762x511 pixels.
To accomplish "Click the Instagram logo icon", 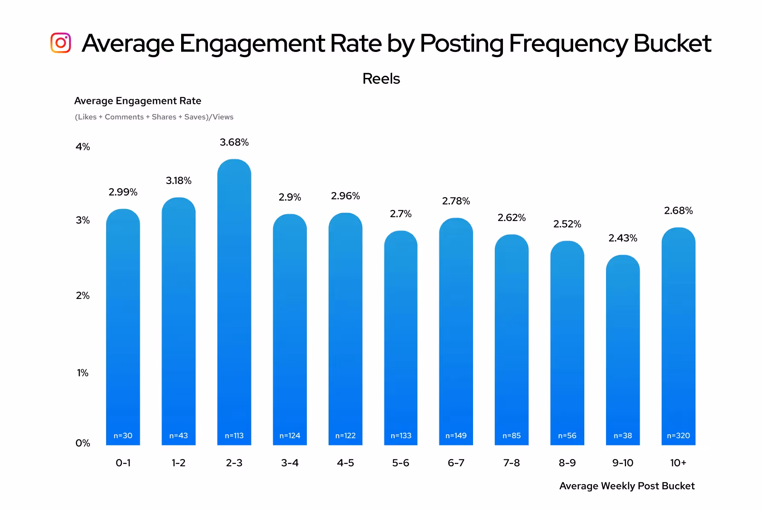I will [61, 43].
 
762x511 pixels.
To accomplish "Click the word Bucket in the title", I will [672, 43].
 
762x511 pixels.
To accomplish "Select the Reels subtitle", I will [381, 79].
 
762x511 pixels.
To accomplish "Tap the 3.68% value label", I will [234, 142].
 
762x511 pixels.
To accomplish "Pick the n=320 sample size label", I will [678, 436].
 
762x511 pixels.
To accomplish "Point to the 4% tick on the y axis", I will [83, 147].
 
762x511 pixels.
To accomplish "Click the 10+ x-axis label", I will [678, 463].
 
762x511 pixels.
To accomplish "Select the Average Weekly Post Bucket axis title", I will [626, 486].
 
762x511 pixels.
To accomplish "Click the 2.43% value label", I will [623, 238].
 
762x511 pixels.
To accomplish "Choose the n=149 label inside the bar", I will [456, 436].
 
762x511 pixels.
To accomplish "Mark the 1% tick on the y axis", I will [83, 373].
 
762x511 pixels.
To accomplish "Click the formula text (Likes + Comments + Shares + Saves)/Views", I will [154, 117].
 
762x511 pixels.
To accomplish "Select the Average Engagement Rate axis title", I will [138, 101].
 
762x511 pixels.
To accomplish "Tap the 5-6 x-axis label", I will [401, 463].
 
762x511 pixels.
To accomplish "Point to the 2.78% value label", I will [456, 201].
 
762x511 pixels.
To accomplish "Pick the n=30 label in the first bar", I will [123, 436].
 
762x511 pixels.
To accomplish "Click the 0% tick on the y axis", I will [83, 443].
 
